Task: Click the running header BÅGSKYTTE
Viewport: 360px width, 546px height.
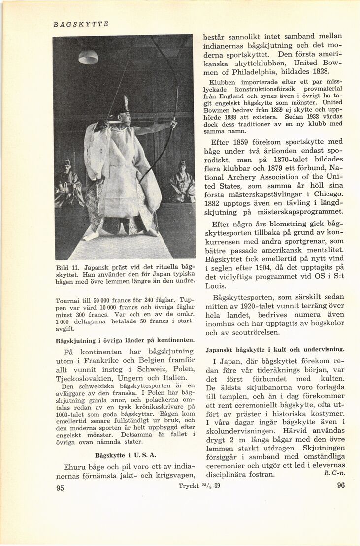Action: pyautogui.click(x=81, y=24)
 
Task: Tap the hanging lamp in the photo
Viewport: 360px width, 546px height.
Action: pyautogui.click(x=88, y=57)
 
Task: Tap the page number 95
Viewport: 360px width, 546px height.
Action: pyautogui.click(x=61, y=488)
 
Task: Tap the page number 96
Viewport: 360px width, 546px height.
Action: pyautogui.click(x=341, y=485)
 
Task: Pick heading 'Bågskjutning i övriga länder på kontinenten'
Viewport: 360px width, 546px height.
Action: pyautogui.click(x=125, y=340)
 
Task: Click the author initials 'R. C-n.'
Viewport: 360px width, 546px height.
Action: pyautogui.click(x=334, y=473)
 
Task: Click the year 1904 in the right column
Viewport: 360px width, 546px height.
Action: pyautogui.click(x=265, y=268)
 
